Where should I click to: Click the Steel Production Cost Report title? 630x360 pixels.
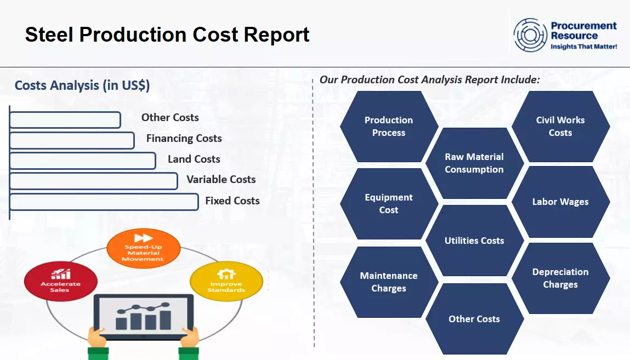point(167,35)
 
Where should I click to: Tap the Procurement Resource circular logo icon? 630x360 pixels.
point(530,35)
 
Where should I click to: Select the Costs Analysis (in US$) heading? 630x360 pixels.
point(82,85)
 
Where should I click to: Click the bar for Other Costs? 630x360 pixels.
point(65,120)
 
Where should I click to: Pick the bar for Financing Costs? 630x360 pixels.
point(72,141)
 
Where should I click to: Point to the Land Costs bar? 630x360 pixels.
point(83,161)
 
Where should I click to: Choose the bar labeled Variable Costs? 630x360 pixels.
point(94,181)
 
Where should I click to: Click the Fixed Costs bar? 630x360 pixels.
point(104,202)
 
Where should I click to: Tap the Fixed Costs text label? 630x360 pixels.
point(232,201)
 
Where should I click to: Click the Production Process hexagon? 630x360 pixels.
point(389,127)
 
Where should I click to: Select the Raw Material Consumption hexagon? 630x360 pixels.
point(474,163)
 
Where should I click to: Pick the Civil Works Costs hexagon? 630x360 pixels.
point(560,127)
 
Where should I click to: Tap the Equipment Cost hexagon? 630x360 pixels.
point(389,204)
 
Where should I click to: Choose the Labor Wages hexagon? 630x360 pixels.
point(560,202)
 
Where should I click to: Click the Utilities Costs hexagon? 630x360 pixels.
point(474,241)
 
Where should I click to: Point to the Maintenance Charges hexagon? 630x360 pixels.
point(389,282)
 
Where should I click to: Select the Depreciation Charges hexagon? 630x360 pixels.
point(560,278)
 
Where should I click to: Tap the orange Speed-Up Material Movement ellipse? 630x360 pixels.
point(143,249)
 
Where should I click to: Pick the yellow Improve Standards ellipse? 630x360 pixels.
point(226,282)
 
